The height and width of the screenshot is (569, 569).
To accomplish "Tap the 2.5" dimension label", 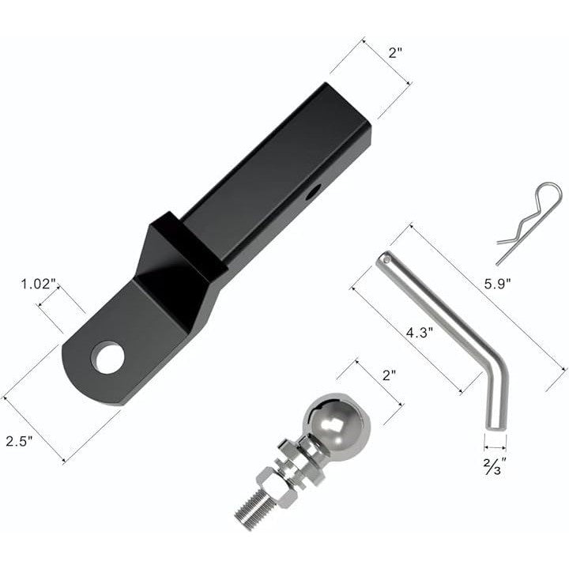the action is [19, 441].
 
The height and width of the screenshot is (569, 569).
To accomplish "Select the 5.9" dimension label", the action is [498, 284].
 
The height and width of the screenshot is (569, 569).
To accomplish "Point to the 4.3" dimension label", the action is [420, 333].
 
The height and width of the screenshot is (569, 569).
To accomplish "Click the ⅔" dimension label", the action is [494, 466].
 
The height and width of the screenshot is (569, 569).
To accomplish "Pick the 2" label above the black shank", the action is [396, 53].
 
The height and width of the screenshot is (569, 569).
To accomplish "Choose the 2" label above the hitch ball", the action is [389, 375].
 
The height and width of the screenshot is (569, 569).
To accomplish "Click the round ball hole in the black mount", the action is [107, 357].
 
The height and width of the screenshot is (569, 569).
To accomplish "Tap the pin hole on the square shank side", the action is [313, 192].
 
